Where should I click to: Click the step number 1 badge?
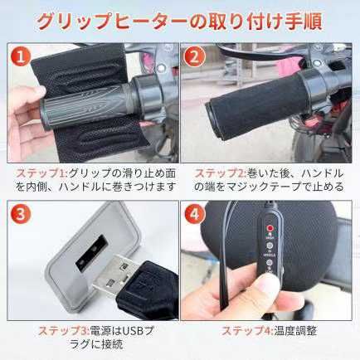(x=21, y=57)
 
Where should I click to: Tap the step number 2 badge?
(x=195, y=57)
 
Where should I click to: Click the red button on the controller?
(x=270, y=228)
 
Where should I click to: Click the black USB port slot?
(x=92, y=251)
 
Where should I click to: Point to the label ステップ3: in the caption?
(x=64, y=331)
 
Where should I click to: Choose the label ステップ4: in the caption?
(x=248, y=331)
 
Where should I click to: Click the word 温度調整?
(x=295, y=331)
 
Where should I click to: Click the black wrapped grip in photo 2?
(x=259, y=105)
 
